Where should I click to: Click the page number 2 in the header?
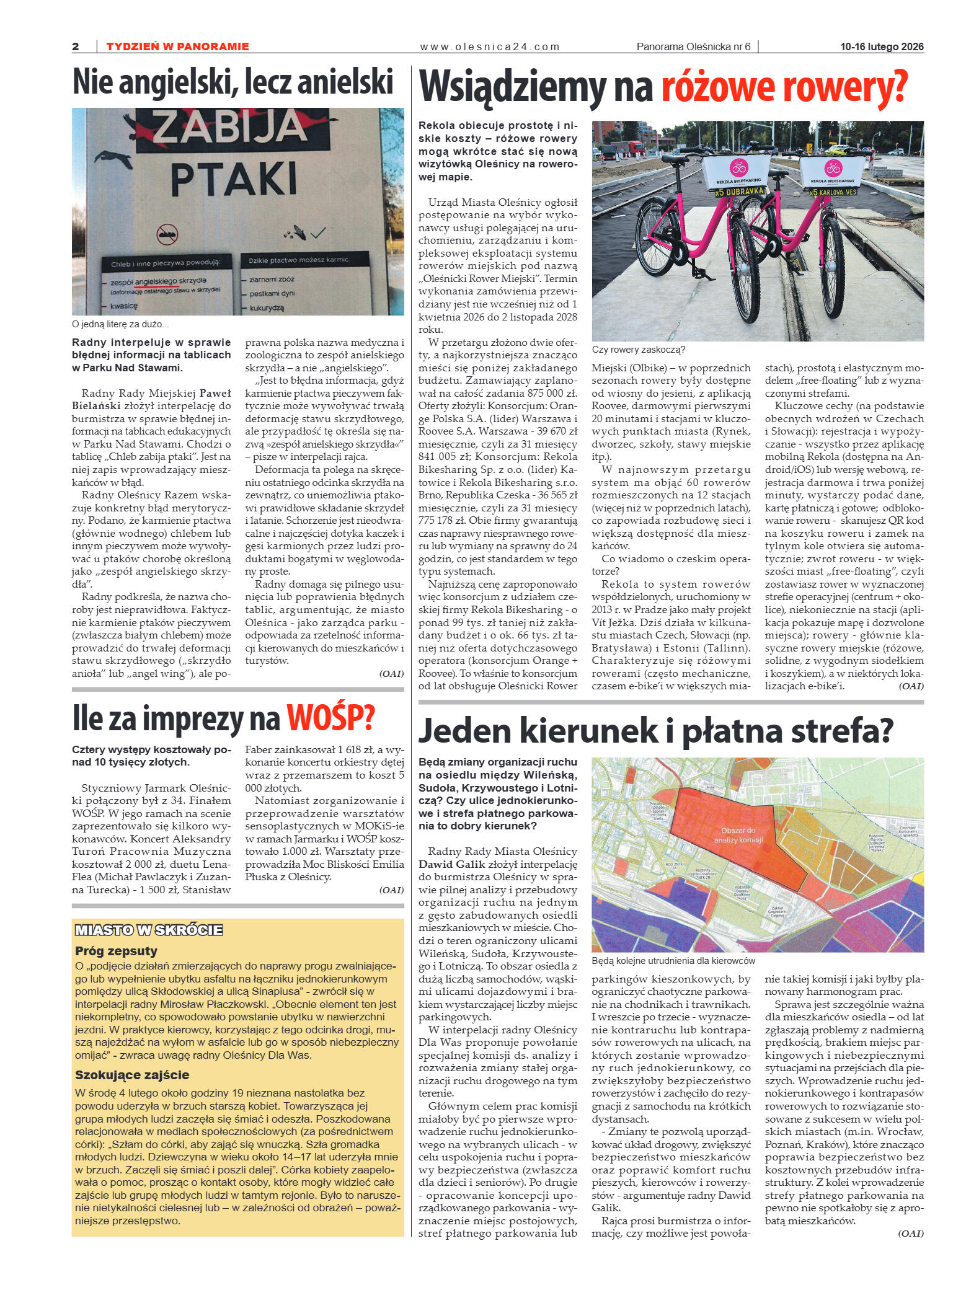pos(76,46)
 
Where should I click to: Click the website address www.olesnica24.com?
pos(489,46)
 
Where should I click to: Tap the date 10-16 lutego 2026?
pos(882,46)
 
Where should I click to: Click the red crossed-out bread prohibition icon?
pos(167,234)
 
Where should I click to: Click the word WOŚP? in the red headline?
pos(330,718)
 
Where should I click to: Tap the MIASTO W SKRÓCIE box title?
pos(149,930)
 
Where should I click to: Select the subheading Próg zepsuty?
pos(117,950)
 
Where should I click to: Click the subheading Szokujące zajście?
pos(132,1075)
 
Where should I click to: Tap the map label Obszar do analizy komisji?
pos(738,835)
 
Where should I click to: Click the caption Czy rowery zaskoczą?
pos(638,350)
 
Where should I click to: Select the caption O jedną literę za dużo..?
pos(120,324)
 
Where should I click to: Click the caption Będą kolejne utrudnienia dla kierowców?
pos(673,961)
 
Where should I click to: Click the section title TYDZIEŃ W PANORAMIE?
pos(177,46)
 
